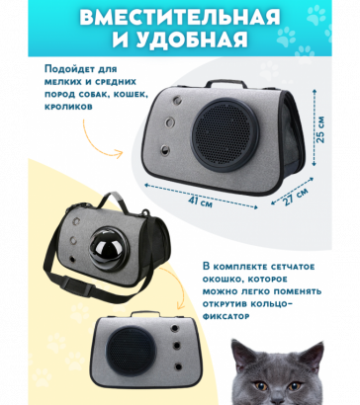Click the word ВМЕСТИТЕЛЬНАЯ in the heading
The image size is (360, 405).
tap(179, 18)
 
